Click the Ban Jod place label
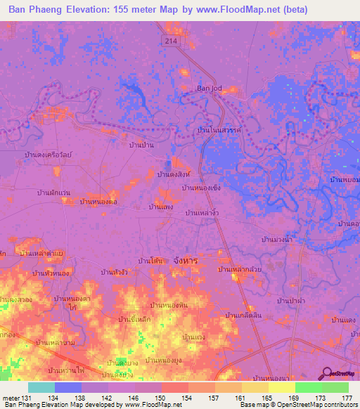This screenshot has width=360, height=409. click(x=208, y=89)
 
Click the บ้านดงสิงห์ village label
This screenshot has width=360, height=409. click(x=174, y=173)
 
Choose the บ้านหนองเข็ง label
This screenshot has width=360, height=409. click(x=202, y=188)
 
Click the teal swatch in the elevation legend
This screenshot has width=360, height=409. click(x=41, y=387)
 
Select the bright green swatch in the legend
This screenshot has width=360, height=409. click(x=308, y=387)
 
